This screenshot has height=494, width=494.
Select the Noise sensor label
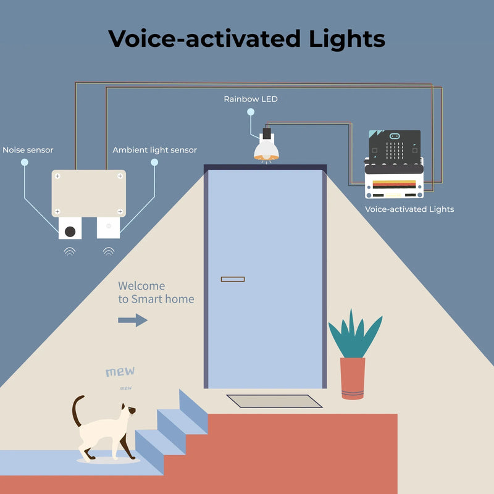pyautogui.click(x=28, y=150)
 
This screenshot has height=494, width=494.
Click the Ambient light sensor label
pyautogui.click(x=154, y=150)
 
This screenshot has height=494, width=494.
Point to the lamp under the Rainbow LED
pyautogui.click(x=266, y=149)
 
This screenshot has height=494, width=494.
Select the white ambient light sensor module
pyautogui.click(x=108, y=227)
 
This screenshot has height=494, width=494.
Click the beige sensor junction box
pyautogui.click(x=88, y=193)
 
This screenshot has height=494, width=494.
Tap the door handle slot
pyautogui.click(x=233, y=279)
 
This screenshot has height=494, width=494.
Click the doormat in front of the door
pyautogui.click(x=274, y=401)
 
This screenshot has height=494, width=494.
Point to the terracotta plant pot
pyautogui.click(x=353, y=378)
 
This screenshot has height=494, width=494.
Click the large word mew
pyautogui.click(x=120, y=372)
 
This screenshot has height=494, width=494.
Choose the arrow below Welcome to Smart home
pyautogui.click(x=133, y=320)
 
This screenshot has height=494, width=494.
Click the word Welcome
pyautogui.click(x=141, y=286)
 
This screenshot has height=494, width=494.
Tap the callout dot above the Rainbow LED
pyautogui.click(x=251, y=112)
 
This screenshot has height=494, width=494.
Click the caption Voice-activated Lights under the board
pyautogui.click(x=409, y=209)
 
